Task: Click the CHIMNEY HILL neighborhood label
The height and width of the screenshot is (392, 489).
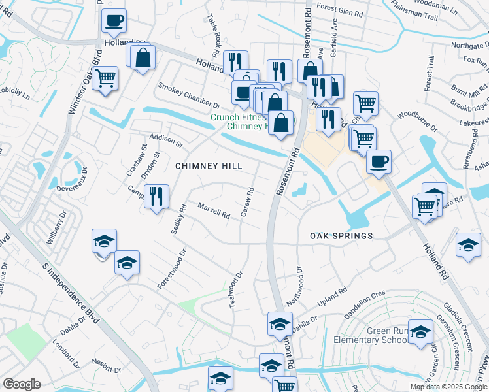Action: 209,167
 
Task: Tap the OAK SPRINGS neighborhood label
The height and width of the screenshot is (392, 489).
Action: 341,236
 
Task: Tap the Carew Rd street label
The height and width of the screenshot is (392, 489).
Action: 248,203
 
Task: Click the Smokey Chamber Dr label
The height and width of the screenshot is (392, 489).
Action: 189,95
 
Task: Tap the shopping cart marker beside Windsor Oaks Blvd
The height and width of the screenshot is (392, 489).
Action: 105,79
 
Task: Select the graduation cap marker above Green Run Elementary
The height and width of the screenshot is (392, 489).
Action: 420,332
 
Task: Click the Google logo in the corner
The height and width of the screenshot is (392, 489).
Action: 22,384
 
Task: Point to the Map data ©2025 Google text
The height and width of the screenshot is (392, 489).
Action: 448,387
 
